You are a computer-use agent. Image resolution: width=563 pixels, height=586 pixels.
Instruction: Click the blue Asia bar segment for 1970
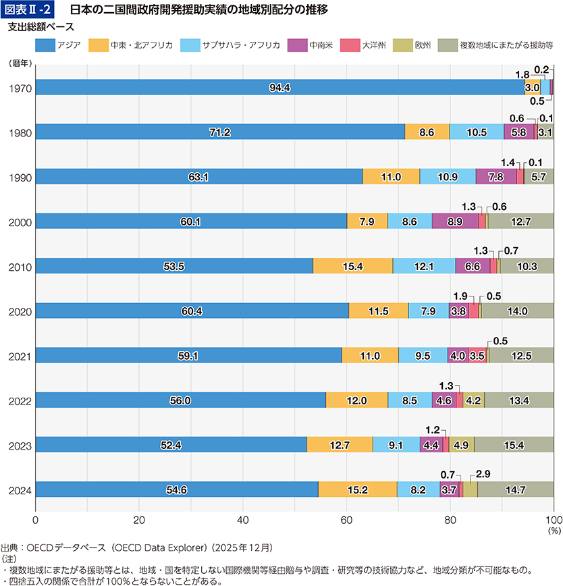(x=280, y=87)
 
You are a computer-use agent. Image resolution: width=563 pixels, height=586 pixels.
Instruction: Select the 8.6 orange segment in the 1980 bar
(x=427, y=132)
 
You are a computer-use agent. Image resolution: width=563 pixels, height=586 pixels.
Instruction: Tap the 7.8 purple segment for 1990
(x=496, y=176)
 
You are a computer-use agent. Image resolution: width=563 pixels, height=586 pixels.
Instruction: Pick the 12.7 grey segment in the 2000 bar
(x=521, y=221)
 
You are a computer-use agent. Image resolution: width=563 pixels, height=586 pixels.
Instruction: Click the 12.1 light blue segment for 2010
(x=424, y=266)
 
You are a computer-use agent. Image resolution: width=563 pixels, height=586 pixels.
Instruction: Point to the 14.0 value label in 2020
(x=517, y=311)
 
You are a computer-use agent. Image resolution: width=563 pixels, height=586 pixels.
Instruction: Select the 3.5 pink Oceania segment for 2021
(x=477, y=355)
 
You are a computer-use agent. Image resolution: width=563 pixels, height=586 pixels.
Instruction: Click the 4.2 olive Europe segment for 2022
(x=474, y=400)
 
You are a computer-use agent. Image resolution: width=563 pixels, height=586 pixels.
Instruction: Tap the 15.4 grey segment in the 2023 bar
(x=514, y=444)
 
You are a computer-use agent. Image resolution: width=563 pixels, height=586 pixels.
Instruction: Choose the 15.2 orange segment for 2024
(x=358, y=489)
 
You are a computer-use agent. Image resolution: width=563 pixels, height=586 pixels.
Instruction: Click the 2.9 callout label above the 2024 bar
(x=483, y=474)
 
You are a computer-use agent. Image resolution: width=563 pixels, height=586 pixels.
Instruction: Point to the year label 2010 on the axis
(x=20, y=267)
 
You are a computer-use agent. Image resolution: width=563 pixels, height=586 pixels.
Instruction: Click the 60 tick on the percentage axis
(x=346, y=521)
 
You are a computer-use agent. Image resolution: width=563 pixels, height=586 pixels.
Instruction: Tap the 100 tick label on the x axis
(x=554, y=521)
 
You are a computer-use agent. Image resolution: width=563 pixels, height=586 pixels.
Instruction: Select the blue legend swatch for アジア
(x=45, y=45)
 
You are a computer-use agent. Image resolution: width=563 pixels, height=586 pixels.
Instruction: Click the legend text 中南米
(x=321, y=45)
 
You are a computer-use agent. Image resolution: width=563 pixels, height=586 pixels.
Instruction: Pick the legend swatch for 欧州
(x=403, y=45)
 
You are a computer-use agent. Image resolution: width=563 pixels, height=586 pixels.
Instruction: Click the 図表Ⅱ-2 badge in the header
(x=27, y=9)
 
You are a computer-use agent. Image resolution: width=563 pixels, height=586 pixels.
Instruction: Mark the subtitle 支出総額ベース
(x=41, y=27)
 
